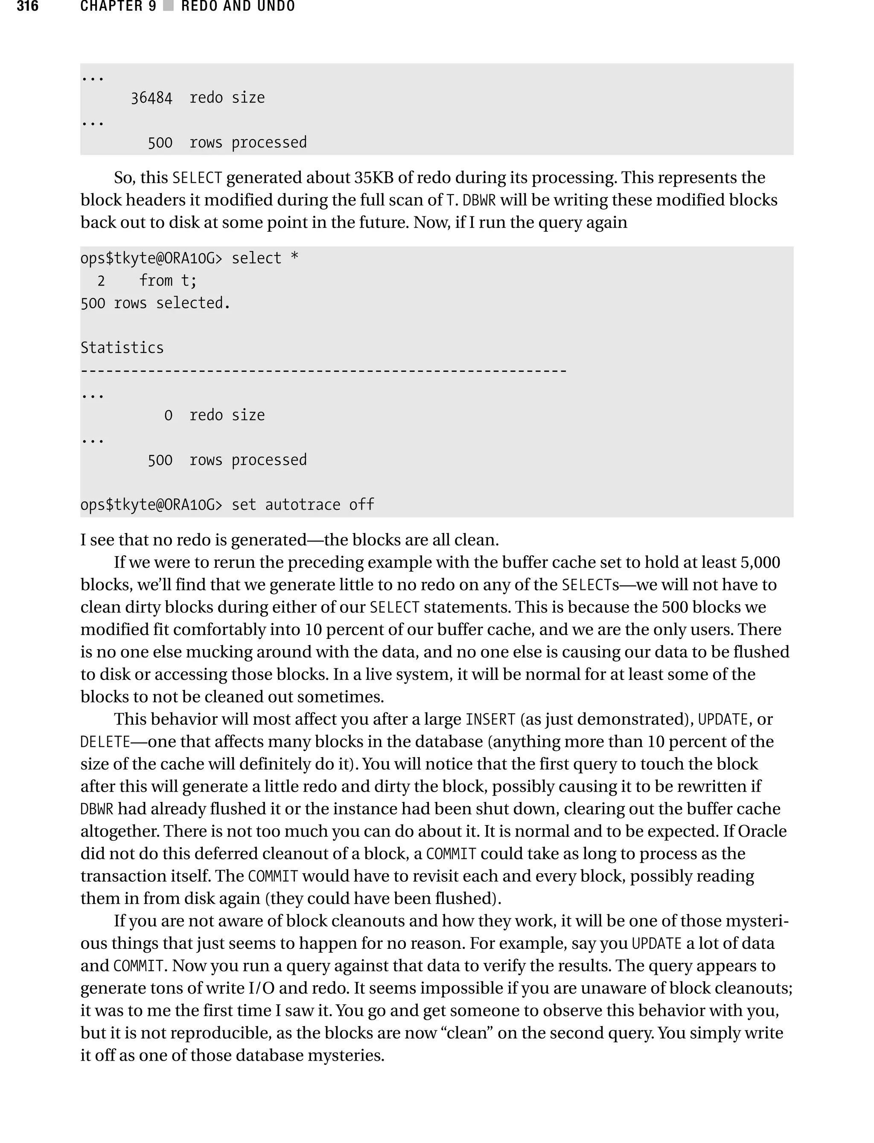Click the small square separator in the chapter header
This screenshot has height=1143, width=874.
pyautogui.click(x=168, y=6)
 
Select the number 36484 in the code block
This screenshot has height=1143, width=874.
pyautogui.click(x=151, y=98)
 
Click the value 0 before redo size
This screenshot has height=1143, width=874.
pyautogui.click(x=168, y=415)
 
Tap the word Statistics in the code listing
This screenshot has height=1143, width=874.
pyautogui.click(x=122, y=347)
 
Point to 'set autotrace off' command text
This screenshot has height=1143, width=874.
pyautogui.click(x=302, y=504)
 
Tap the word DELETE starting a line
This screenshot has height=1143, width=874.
pyautogui.click(x=105, y=742)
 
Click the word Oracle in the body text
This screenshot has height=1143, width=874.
pyautogui.click(x=762, y=831)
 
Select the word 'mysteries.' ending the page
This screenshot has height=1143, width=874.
pyautogui.click(x=346, y=1055)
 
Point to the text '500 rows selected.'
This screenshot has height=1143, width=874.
pyautogui.click(x=155, y=303)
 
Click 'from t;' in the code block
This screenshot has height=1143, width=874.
pyautogui.click(x=168, y=280)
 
